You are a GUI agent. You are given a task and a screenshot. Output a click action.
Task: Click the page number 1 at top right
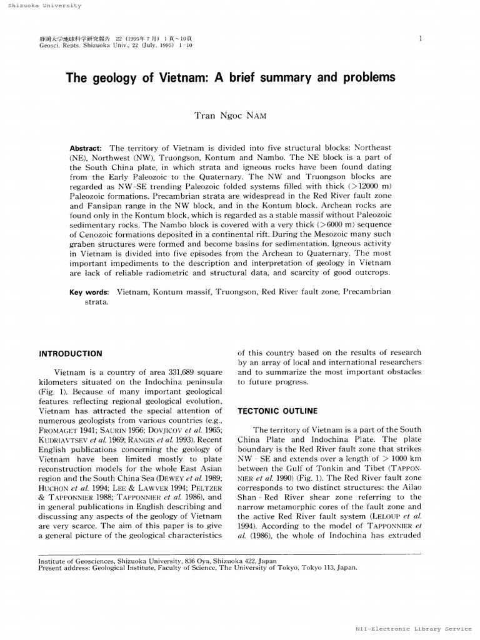coord(421,39)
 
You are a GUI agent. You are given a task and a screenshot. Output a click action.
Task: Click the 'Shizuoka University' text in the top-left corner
coord(41,5)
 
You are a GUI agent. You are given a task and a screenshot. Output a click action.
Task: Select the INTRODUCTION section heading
coord(71,354)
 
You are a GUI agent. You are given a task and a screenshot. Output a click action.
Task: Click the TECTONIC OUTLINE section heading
coord(277,411)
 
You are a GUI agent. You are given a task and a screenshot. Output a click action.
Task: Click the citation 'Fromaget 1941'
coord(65,430)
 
